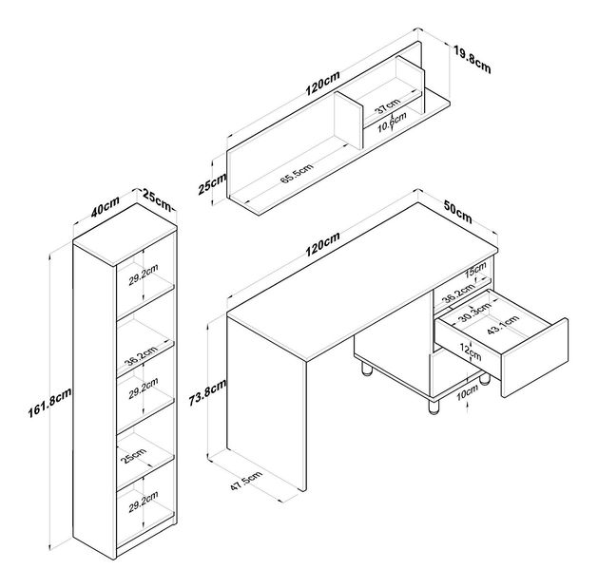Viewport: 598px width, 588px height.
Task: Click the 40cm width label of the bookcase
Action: click(105, 206)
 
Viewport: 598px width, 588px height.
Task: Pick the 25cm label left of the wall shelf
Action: click(212, 183)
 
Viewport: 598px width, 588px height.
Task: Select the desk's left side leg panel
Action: click(269, 399)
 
